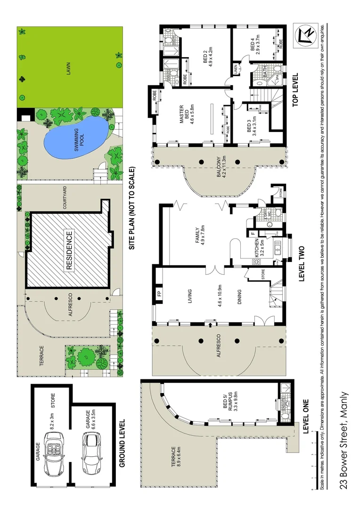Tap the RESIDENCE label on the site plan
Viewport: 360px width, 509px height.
[x=69, y=250]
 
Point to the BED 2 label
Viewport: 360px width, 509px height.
[x=208, y=58]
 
